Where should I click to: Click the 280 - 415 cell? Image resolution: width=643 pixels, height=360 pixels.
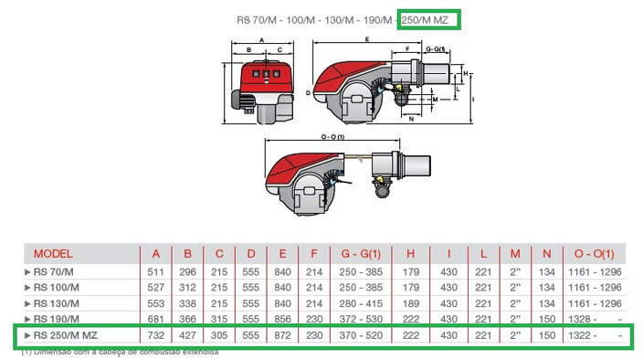361,302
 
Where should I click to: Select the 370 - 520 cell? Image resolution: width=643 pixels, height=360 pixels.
361,335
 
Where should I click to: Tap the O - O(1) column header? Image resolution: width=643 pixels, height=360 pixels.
596,253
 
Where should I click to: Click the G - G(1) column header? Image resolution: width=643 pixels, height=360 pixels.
361,253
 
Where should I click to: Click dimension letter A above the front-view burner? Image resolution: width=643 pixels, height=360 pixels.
261,39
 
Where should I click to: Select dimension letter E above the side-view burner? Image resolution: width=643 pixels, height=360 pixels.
367,39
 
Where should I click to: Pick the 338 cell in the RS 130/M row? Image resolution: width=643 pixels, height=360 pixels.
186,302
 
